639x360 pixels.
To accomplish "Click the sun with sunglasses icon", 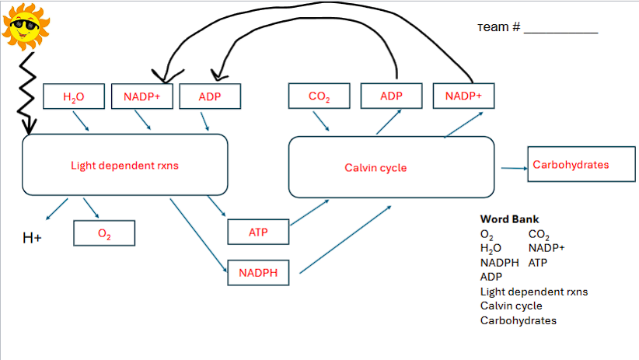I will [x=26, y=25].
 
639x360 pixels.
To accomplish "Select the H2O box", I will [x=74, y=96].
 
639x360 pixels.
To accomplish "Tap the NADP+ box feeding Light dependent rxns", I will [x=141, y=96].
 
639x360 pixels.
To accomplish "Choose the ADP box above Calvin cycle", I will [x=392, y=96].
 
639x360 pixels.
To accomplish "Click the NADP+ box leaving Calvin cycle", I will [x=463, y=96].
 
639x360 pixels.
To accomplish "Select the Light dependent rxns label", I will [x=125, y=166].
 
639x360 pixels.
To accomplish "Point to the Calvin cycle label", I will [x=375, y=168].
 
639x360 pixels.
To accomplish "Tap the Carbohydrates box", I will [x=571, y=165].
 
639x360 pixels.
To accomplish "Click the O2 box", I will [x=104, y=233].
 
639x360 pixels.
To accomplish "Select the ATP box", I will [x=258, y=232].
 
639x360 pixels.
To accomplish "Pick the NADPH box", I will [x=258, y=273].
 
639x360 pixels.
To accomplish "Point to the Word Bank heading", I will [x=509, y=219].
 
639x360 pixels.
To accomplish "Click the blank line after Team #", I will [x=560, y=30].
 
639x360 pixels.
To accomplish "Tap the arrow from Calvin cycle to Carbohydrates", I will [x=512, y=167].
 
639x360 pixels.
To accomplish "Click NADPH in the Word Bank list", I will [x=499, y=263].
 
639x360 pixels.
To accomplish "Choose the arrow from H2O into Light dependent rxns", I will [x=81, y=121].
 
